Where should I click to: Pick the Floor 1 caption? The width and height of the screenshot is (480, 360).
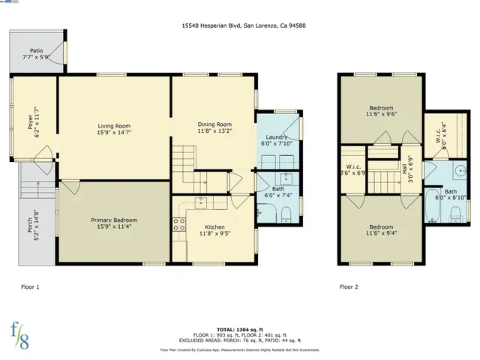click(x=30, y=286)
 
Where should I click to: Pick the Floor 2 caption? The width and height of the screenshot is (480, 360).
click(x=349, y=286)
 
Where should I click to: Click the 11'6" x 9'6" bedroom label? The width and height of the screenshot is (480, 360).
click(x=381, y=111)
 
